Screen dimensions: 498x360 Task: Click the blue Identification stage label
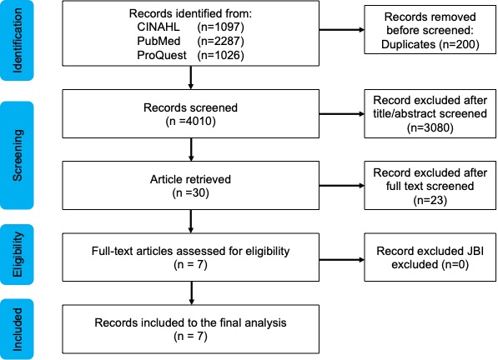[17, 40]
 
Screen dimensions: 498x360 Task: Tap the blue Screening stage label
[17, 156]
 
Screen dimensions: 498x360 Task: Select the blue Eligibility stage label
[17, 254]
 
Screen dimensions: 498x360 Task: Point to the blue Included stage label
[17, 329]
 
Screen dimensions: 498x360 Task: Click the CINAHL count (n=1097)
[221, 27]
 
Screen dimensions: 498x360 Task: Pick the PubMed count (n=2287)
[221, 41]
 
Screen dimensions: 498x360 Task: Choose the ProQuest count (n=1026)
[221, 55]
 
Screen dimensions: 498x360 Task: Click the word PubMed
[158, 41]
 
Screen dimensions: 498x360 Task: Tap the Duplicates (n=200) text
[430, 44]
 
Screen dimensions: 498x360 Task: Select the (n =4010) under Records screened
[190, 122]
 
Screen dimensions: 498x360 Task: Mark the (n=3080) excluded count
[430, 127]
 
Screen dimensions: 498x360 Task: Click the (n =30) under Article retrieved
[190, 193]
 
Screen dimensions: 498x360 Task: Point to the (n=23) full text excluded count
[430, 200]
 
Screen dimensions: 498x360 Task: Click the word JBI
[475, 251]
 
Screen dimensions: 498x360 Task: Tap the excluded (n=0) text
[430, 264]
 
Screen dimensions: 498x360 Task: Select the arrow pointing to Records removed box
[341, 30]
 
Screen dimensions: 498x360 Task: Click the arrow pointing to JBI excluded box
[341, 260]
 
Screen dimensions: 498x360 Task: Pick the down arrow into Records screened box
[190, 77]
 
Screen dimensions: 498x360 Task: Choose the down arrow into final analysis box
[191, 293]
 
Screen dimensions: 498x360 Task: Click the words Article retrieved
[190, 179]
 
